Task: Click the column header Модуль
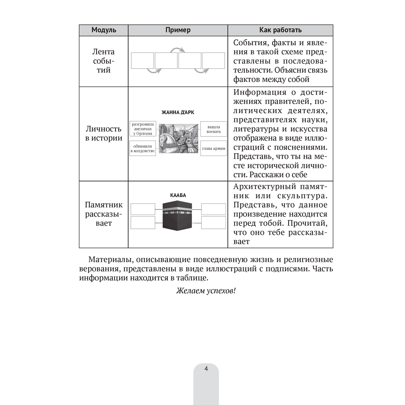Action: pos(104,30)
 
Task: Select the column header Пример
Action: pos(178,30)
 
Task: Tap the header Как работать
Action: pos(280,30)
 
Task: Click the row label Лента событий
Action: pos(104,61)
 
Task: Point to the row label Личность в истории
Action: pos(104,133)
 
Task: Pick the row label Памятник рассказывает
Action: pos(104,214)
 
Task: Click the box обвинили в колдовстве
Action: pos(142,148)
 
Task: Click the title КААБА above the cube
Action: pos(178,196)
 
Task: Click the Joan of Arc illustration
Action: pos(178,138)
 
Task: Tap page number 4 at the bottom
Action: pos(206,369)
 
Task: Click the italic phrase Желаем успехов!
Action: pos(206,292)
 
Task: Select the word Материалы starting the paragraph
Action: pos(109,260)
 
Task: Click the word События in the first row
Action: pos(250,43)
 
